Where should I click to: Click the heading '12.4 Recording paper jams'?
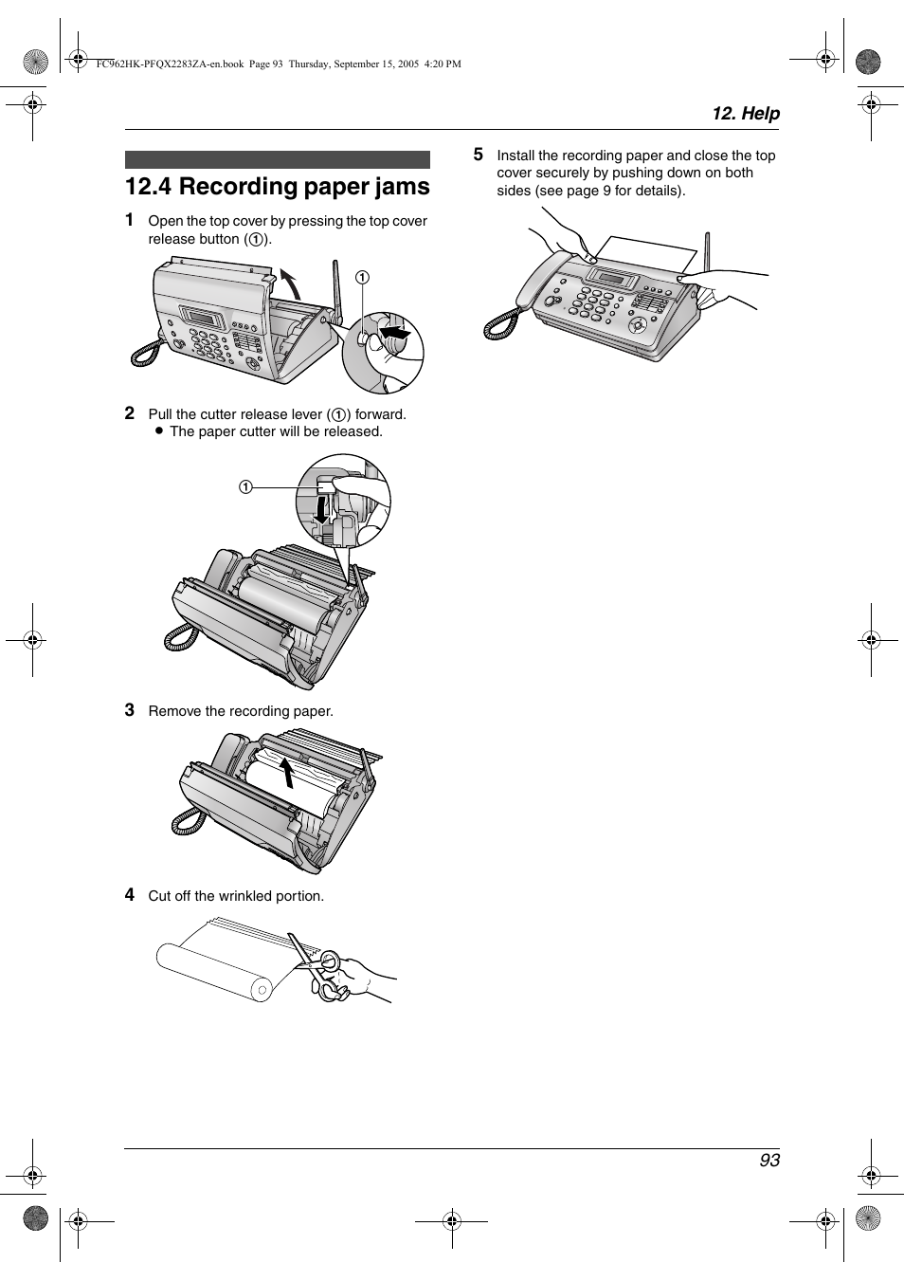277,187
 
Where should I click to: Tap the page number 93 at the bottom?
768,1160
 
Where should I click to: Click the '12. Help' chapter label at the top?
746,114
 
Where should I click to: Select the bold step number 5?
479,154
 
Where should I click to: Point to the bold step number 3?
130,709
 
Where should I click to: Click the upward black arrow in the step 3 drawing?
287,772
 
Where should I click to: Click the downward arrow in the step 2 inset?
322,510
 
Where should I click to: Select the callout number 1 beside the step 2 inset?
245,487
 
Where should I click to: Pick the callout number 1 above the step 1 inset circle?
362,277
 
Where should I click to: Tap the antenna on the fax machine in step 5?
706,256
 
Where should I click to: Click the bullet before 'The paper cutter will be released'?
160,431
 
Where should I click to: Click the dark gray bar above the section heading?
277,159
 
